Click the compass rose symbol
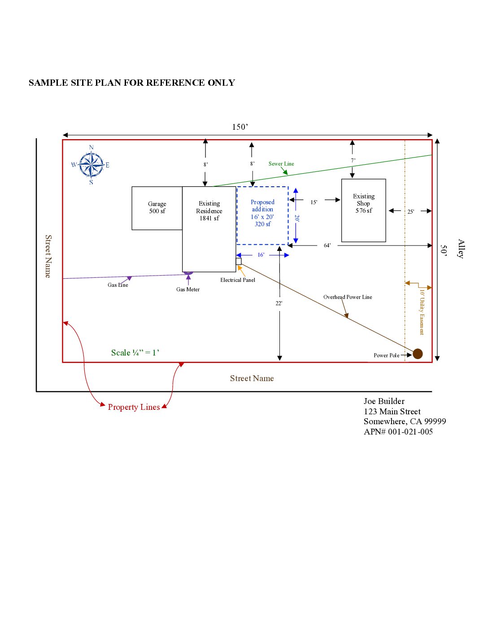point(91,165)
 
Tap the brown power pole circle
point(418,354)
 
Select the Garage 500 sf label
point(157,207)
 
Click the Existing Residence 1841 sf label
point(209,211)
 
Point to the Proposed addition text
point(262,206)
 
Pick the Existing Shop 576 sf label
point(363,203)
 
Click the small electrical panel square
point(239,261)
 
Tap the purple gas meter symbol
point(188,272)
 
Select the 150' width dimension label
point(240,127)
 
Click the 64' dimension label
point(327,246)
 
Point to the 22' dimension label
point(279,303)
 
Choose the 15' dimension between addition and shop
point(314,202)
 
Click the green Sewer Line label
point(281,164)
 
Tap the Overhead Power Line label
point(348,297)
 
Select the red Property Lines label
point(134,407)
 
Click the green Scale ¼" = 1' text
point(135,353)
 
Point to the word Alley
point(461,249)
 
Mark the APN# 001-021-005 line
point(398,432)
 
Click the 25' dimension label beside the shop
point(410,212)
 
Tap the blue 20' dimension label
point(297,218)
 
